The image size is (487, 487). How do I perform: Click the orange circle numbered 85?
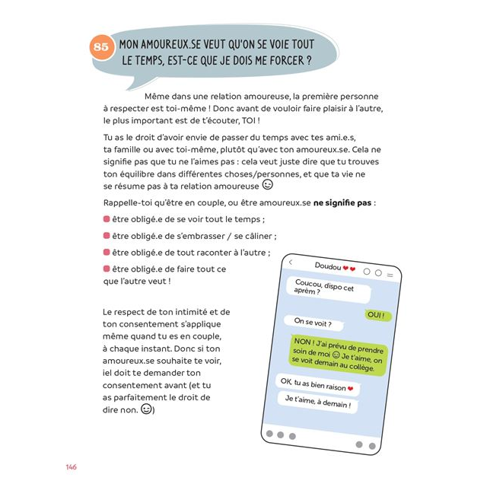(x=102, y=47)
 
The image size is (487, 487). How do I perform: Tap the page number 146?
(x=71, y=466)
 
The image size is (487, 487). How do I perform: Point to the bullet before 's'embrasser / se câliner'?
(x=107, y=236)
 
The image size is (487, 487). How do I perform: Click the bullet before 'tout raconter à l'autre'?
(x=107, y=253)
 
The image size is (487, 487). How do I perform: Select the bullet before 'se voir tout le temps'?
(x=107, y=219)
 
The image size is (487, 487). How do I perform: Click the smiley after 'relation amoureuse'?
(x=267, y=185)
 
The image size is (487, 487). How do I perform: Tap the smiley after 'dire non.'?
(x=145, y=409)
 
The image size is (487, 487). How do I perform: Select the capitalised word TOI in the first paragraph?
(x=245, y=120)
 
